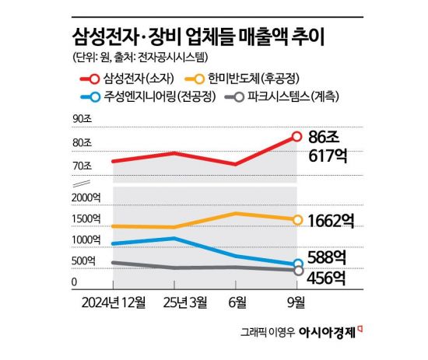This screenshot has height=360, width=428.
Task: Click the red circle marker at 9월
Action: point(296,136)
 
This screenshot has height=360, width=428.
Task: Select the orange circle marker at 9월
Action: point(296,220)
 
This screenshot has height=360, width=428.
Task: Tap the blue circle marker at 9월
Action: point(296,264)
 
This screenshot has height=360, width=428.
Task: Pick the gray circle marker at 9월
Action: point(296,271)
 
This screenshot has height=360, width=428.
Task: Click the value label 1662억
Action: point(330,221)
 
